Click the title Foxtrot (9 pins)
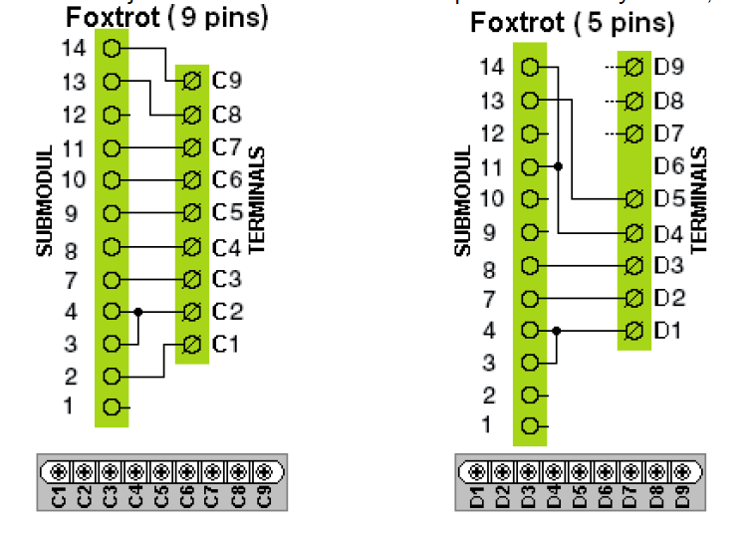(x=166, y=17)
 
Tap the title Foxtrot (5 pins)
(x=572, y=22)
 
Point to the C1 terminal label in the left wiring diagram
(x=227, y=345)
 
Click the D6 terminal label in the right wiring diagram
(x=669, y=165)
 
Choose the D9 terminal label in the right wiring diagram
(x=669, y=68)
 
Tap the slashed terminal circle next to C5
(x=192, y=213)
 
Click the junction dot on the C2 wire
(x=138, y=312)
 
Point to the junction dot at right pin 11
(x=558, y=165)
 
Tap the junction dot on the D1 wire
(x=557, y=330)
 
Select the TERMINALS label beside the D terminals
(x=698, y=200)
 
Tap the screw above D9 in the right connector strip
(x=682, y=470)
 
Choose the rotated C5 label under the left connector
(x=160, y=495)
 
